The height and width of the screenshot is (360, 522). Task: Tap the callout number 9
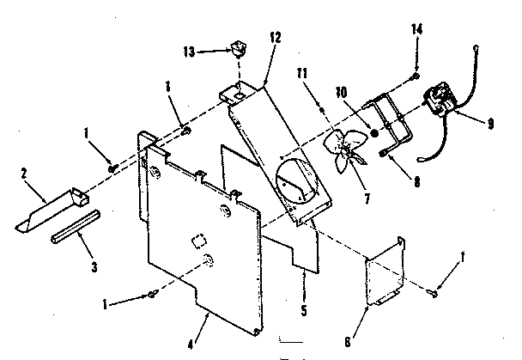[x=489, y=123]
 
